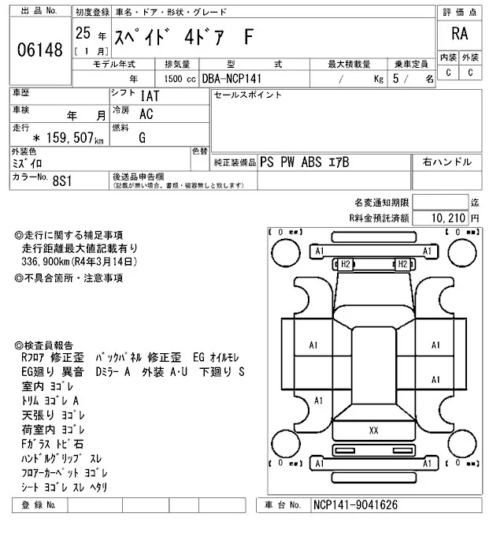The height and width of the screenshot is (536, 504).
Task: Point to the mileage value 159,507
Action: pos(65,140)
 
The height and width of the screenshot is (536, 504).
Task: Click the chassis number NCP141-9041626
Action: pos(354,504)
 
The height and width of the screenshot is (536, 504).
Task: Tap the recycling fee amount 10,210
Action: pos(449,217)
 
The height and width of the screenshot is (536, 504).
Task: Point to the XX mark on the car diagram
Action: pos(373,430)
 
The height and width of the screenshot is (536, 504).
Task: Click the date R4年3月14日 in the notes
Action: pos(107,260)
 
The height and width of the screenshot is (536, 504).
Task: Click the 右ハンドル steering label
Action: pos(447,162)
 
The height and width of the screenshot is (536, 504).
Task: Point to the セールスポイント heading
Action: pos(248,95)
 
